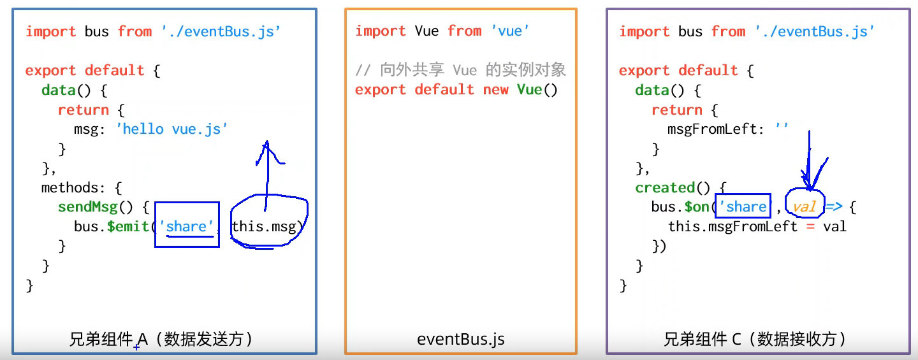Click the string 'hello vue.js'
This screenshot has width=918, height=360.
pos(171,129)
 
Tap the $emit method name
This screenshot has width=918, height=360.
pos(128,226)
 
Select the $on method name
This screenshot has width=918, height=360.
pos(697,207)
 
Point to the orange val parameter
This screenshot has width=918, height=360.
pos(804,207)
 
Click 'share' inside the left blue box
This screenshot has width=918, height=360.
pos(186,226)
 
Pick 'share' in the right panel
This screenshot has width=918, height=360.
pos(743,207)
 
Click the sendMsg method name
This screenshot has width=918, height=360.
pos(88,207)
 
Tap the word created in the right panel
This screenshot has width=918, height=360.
pos(665,187)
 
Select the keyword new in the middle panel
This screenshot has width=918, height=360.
pos(495,90)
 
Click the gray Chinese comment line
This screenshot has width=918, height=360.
pos(461,70)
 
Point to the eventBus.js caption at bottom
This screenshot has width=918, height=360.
pos(461,339)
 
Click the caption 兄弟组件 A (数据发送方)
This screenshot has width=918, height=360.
pos(161,339)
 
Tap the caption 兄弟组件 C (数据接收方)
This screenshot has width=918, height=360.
pos(755,339)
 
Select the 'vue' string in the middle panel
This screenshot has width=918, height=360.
pos(510,31)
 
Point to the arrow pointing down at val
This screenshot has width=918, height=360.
pos(809,161)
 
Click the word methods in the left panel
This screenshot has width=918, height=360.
pos(69,187)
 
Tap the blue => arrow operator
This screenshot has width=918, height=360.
pos(834,207)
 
